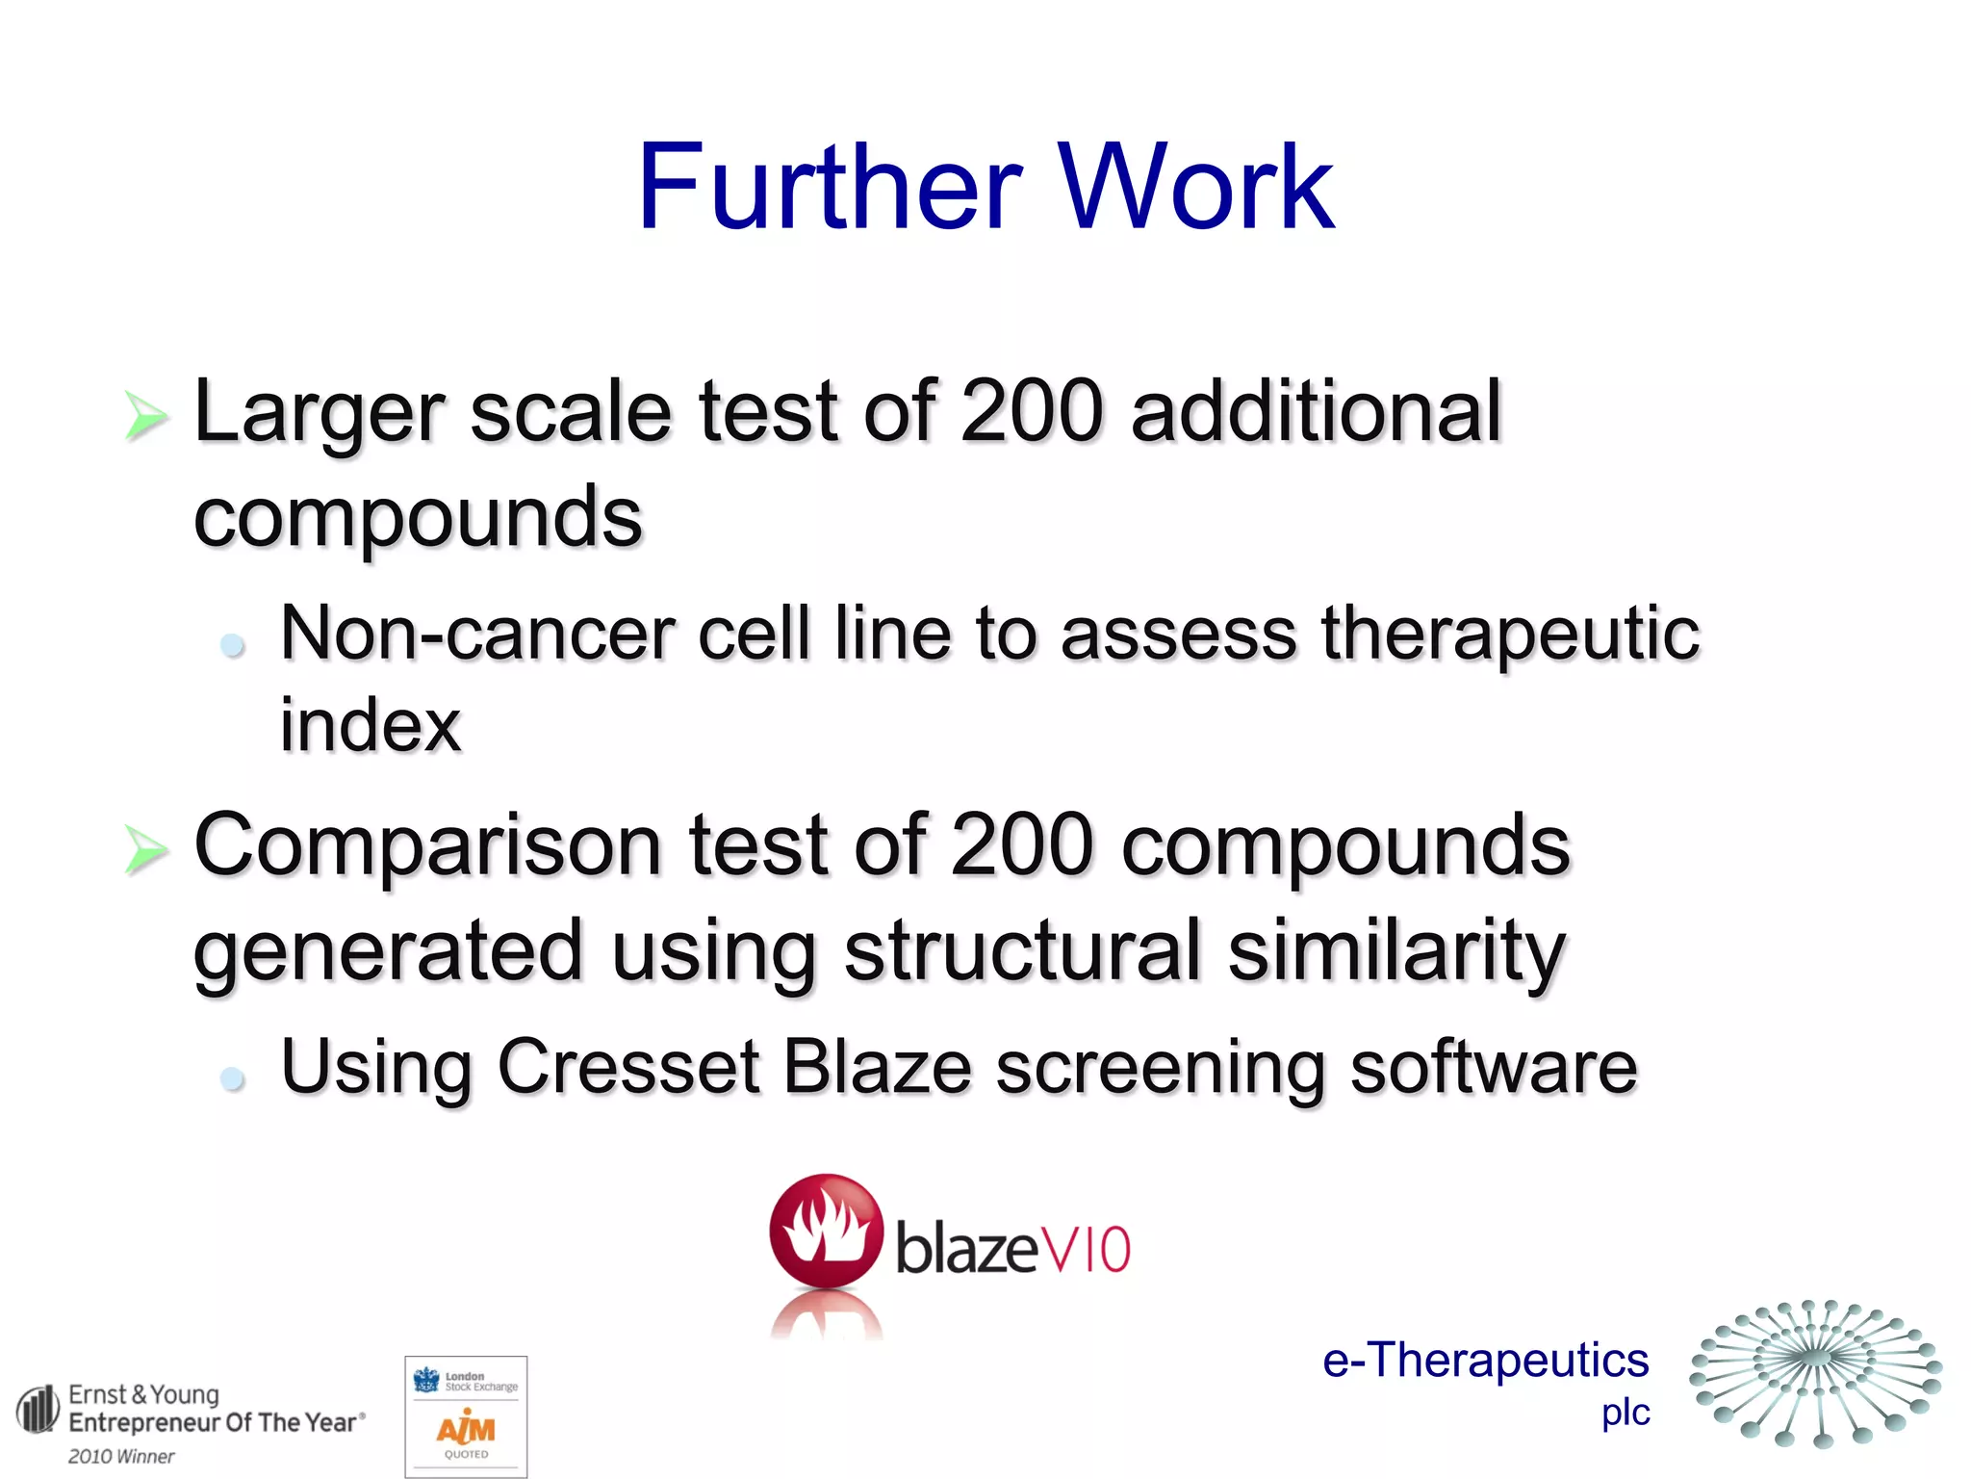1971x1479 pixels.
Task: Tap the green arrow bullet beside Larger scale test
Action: tap(145, 418)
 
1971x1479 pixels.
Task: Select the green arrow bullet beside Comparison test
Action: tap(145, 850)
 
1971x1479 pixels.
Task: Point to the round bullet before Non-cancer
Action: tap(232, 644)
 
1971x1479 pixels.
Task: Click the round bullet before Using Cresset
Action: tap(232, 1077)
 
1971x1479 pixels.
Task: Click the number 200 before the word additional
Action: tap(1032, 412)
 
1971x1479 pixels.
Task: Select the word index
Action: tap(371, 726)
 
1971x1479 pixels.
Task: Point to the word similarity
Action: tap(1396, 951)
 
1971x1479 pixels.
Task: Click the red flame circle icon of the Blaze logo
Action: tap(826, 1232)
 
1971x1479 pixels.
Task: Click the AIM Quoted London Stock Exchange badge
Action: tap(467, 1415)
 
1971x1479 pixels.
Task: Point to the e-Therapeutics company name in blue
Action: tap(1485, 1361)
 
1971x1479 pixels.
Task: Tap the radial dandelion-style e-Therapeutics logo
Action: tap(1815, 1373)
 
